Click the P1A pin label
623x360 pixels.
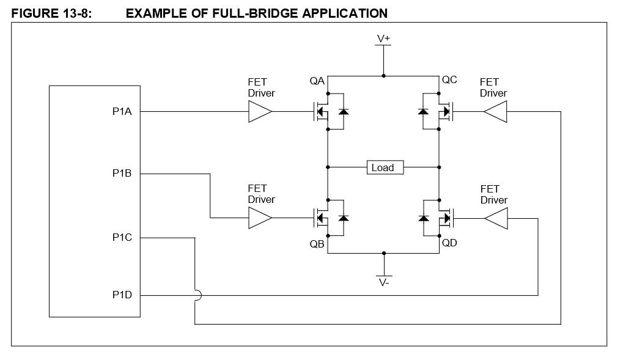tap(122, 112)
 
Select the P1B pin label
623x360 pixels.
tap(122, 174)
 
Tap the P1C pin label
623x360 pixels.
tap(122, 237)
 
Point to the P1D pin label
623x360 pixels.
tap(122, 295)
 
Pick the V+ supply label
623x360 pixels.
tap(383, 39)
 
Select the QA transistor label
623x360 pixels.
tap(317, 81)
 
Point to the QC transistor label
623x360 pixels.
tap(449, 80)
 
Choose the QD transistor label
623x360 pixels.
tap(449, 243)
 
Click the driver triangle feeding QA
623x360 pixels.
tap(260, 112)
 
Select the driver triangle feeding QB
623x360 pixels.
tap(260, 218)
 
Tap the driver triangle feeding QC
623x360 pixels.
tap(495, 112)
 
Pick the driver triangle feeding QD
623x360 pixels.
tap(495, 218)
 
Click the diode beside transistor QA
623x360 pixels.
tap(343, 112)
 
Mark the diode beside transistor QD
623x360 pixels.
tap(423, 218)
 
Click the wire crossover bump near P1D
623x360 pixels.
tap(196, 295)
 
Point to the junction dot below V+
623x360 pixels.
tap(383, 76)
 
